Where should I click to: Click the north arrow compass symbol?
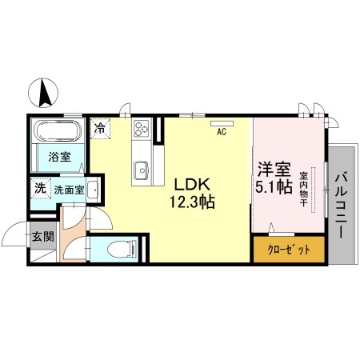pos(43,94)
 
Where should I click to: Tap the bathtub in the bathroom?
pos(58,130)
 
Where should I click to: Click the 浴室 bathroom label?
pos(59,157)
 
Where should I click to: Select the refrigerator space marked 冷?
pos(100,129)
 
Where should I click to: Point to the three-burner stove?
pos(142,128)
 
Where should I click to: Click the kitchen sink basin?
pos(142,170)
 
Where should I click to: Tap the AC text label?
pos(222,131)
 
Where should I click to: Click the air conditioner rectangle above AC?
pos(222,123)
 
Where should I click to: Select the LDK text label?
pos(193,184)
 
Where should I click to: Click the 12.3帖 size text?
pos(192,202)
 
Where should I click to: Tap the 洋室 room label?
pos(274,170)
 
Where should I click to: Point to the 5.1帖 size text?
pos(274,186)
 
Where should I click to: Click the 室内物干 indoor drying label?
pos(304,190)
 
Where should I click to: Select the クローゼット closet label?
pos(289,250)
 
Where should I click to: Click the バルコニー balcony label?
pos(342,206)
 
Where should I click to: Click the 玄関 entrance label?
pos(43,236)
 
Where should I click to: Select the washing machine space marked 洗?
pos(40,189)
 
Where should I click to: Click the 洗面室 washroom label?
pos(69,190)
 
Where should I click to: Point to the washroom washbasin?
pos(93,190)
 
